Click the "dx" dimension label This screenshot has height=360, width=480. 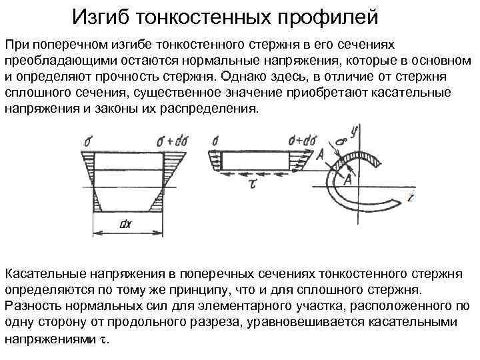pos(125,224)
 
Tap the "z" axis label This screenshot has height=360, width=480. pos(412,197)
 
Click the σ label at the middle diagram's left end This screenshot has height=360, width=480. pos(214,141)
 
